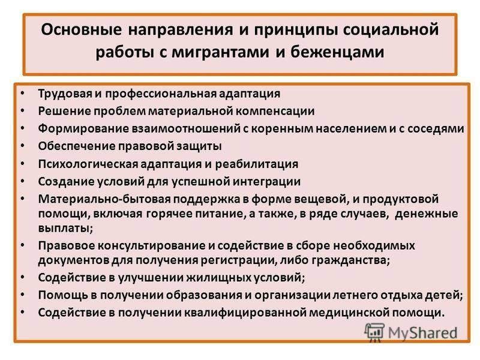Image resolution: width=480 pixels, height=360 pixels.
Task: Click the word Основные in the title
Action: click(x=81, y=29)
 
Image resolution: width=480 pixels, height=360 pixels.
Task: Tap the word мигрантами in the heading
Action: click(x=220, y=52)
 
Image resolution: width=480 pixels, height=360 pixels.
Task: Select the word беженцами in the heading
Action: click(x=337, y=52)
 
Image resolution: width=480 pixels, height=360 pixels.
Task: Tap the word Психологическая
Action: click(x=88, y=164)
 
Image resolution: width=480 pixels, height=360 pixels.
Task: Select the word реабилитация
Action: click(x=257, y=164)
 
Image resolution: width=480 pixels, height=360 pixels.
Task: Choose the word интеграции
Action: click(x=266, y=182)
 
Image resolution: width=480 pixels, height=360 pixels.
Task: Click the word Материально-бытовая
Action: click(x=104, y=199)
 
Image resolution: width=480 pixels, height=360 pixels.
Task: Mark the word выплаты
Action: click(x=65, y=229)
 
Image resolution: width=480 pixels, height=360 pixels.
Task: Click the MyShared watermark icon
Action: click(x=374, y=332)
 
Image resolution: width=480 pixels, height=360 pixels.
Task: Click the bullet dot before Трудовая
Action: click(x=23, y=93)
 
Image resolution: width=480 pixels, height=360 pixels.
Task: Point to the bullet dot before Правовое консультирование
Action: click(x=23, y=245)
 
